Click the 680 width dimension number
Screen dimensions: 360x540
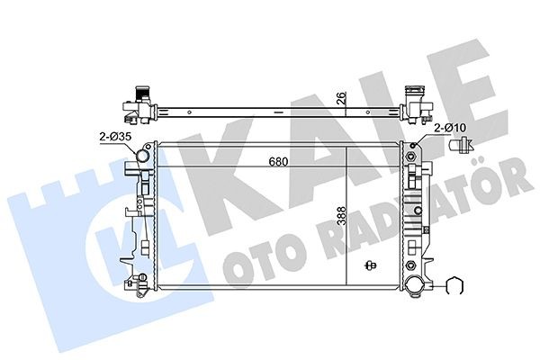(x=278, y=164)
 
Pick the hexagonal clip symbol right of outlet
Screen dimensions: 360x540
(x=455, y=288)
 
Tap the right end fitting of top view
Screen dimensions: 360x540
(x=415, y=103)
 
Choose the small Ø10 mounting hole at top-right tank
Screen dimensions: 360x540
(x=415, y=146)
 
